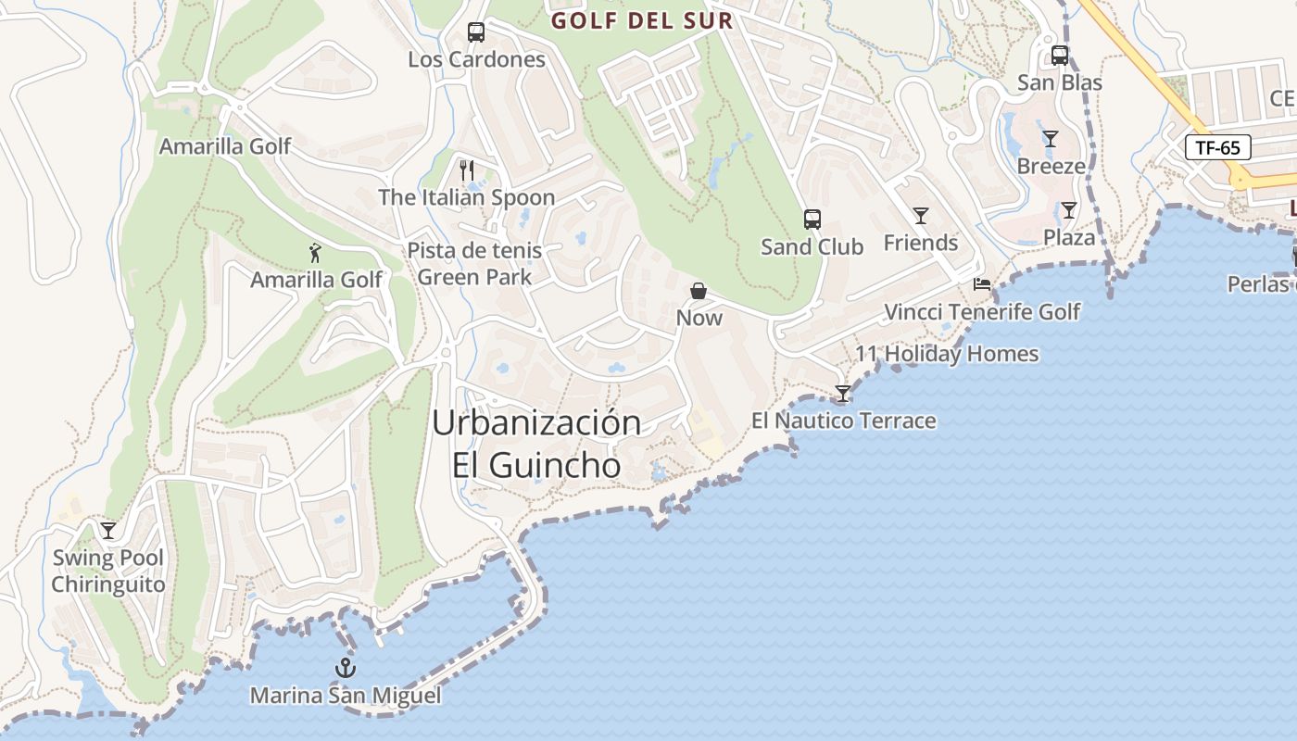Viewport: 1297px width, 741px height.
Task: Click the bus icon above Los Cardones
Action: (x=476, y=32)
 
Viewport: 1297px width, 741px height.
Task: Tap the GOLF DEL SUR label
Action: (x=641, y=20)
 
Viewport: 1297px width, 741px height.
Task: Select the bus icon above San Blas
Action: (x=1060, y=56)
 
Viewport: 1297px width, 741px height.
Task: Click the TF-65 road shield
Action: (x=1218, y=147)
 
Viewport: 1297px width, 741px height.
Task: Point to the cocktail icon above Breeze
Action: (x=1051, y=139)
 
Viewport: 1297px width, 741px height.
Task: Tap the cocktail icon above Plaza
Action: (x=1069, y=210)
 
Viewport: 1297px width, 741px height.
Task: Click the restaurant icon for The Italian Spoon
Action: (x=467, y=170)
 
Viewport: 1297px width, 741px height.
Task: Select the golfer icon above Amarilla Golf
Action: (x=316, y=252)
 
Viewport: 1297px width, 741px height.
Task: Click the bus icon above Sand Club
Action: (x=812, y=220)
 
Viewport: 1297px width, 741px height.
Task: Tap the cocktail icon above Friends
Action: (x=921, y=216)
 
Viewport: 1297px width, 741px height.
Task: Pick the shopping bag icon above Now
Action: (x=699, y=291)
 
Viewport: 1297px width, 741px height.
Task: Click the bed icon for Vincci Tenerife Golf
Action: (x=982, y=284)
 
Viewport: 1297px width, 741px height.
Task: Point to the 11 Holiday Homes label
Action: (x=946, y=354)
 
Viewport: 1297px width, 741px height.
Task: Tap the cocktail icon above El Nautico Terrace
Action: (x=843, y=394)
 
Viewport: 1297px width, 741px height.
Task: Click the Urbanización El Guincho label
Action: (x=536, y=444)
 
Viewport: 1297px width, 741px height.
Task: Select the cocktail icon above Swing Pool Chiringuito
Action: (x=108, y=531)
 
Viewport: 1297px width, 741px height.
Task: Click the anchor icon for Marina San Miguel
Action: (x=346, y=668)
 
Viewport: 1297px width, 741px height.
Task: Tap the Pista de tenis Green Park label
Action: (x=474, y=264)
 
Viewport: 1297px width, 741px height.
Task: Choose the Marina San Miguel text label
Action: (x=346, y=696)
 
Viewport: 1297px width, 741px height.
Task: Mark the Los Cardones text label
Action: (x=476, y=59)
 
